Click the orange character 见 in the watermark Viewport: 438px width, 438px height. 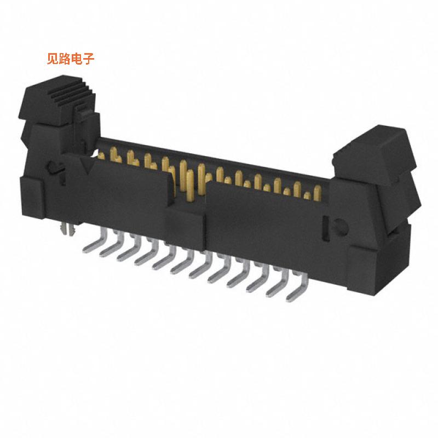tap(53, 59)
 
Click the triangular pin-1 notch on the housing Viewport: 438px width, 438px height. tap(86, 164)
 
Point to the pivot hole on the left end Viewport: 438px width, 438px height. tap(50, 166)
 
